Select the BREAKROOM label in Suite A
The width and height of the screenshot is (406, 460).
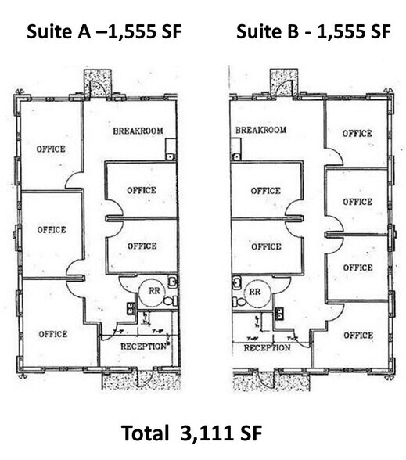point(138,131)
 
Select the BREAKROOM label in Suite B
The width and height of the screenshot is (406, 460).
point(260,130)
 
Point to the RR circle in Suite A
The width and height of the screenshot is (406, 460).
point(150,293)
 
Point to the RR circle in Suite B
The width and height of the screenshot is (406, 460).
point(253,293)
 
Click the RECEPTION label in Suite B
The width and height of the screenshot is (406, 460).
point(267,347)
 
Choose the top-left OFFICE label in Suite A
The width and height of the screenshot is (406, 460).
point(51,149)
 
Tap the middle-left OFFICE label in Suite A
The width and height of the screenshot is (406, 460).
point(51,229)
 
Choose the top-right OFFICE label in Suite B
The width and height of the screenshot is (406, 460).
point(357,134)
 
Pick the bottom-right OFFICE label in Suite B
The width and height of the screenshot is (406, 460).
point(357,335)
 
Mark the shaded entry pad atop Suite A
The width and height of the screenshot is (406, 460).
point(98,81)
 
